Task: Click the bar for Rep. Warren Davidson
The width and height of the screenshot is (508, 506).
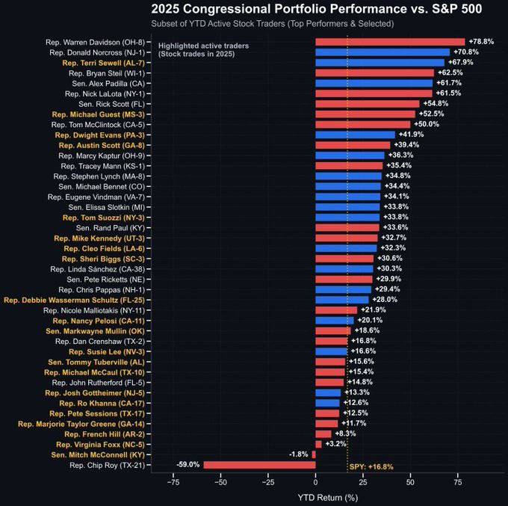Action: click(390, 42)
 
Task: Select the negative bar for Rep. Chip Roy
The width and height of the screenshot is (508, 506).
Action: click(259, 465)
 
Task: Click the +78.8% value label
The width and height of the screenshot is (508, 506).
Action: click(481, 42)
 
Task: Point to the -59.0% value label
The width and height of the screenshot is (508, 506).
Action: click(188, 465)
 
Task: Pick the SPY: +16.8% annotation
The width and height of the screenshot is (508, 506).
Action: click(371, 467)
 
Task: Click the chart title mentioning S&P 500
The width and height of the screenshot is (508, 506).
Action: click(316, 9)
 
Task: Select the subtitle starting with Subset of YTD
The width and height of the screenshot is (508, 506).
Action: click(272, 24)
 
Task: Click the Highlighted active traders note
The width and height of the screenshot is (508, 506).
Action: click(203, 50)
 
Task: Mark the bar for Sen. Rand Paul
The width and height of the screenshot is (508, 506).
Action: click(347, 227)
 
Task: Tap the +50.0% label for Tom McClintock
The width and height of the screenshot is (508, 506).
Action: click(427, 124)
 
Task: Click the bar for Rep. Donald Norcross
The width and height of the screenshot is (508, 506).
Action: click(382, 52)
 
